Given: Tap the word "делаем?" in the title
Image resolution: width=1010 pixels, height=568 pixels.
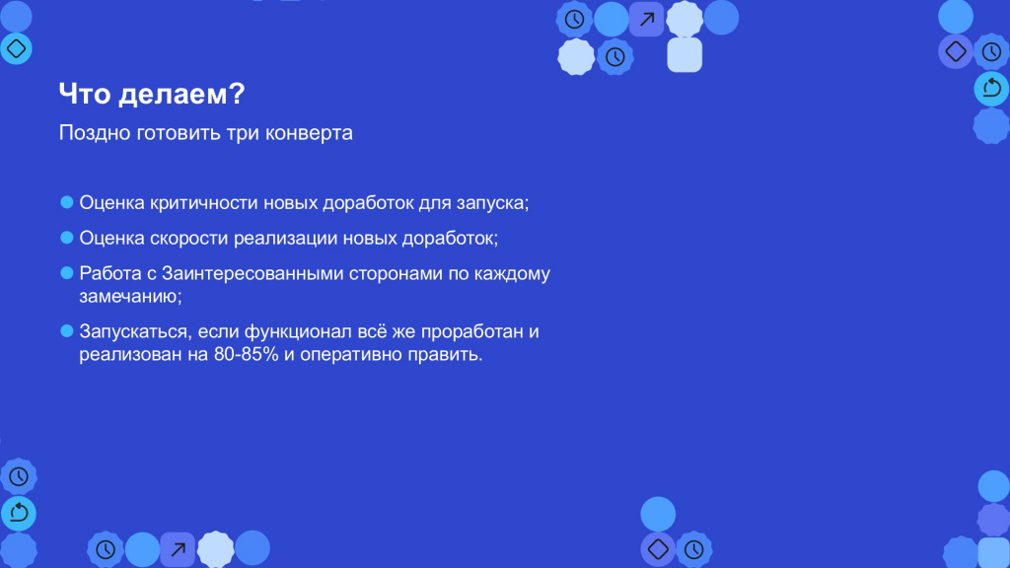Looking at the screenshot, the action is tap(182, 94).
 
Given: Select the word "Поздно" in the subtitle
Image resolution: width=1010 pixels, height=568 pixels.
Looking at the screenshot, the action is tap(95, 133).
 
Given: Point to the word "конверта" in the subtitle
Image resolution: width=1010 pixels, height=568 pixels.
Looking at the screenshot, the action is tap(309, 133).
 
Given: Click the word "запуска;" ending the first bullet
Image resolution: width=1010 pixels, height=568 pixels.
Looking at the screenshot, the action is tap(493, 204).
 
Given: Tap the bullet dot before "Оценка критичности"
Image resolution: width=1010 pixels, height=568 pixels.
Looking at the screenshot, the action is tap(67, 202).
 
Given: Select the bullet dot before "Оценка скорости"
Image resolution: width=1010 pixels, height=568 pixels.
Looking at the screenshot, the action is tap(67, 238).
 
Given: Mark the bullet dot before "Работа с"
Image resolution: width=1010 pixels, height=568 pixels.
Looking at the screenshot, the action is tap(67, 273).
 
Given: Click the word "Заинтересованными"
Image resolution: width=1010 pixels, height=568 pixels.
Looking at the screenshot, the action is tap(252, 274).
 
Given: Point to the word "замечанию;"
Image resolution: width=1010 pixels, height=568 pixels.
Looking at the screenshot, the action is tap(131, 296).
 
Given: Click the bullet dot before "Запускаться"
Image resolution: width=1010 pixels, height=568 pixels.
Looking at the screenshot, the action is tap(67, 331).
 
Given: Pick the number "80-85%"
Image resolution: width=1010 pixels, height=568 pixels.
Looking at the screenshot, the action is tap(246, 354).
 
